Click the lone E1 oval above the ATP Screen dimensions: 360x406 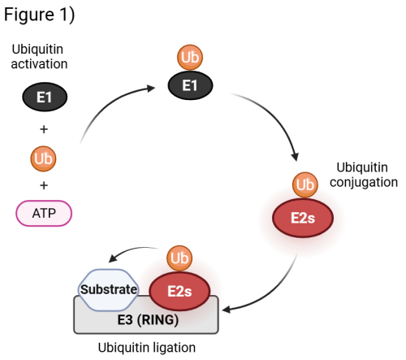point(44,98)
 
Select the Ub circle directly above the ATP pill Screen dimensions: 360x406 point(44,158)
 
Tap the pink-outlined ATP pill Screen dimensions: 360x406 point(44,213)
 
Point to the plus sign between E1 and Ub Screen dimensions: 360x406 point(44,129)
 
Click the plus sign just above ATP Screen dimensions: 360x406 point(44,186)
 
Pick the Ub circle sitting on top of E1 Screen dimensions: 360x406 point(190,58)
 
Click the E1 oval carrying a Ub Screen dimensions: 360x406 point(190,85)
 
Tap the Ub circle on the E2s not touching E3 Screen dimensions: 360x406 point(305,184)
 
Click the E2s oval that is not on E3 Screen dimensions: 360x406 point(302,219)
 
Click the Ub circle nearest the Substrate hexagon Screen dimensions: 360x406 point(179,258)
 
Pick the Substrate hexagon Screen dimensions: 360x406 point(107,288)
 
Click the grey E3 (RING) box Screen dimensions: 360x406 point(146,319)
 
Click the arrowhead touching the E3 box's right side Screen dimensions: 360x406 point(226,309)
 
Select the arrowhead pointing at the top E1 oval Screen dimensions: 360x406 point(152,87)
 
